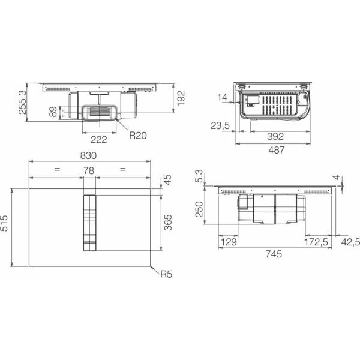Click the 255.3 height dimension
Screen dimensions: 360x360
[23, 103]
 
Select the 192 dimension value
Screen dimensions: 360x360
[181, 98]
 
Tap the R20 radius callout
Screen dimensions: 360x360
[138, 135]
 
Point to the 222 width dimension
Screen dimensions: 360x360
[99, 140]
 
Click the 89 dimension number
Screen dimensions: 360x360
[53, 112]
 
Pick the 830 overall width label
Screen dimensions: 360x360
[88, 155]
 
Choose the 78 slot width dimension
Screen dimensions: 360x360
[89, 170]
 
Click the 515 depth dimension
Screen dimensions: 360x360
[4, 223]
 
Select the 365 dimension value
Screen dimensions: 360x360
[168, 223]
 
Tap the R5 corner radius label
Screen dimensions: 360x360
[166, 274]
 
